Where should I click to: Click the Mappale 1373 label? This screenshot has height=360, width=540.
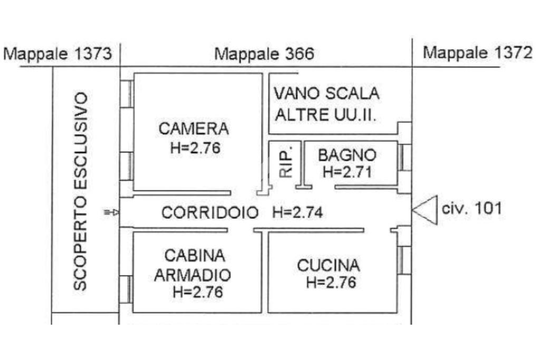(x=57, y=54)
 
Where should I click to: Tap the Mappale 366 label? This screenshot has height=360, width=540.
(x=264, y=54)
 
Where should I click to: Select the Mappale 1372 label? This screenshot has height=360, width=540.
(x=477, y=53)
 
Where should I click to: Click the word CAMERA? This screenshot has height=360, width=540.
(x=194, y=129)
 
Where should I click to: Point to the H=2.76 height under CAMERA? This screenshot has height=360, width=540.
(x=195, y=148)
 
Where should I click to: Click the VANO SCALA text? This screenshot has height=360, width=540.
(x=326, y=93)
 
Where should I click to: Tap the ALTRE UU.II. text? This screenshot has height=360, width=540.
(x=325, y=114)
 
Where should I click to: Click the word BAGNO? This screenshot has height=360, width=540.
(x=347, y=155)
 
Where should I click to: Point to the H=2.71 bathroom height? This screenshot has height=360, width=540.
(x=347, y=172)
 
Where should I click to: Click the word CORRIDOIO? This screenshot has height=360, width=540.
(x=210, y=212)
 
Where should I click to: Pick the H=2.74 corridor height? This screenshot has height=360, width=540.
(x=297, y=212)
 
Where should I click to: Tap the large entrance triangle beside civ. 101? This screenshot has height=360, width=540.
(x=425, y=210)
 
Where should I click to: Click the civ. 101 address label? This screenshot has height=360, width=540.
(x=471, y=209)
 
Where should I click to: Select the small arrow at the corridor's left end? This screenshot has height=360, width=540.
(x=112, y=212)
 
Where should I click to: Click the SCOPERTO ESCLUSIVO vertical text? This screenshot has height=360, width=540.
(x=80, y=191)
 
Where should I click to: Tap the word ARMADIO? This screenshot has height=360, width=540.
(x=192, y=275)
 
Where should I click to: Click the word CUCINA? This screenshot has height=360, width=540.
(x=328, y=266)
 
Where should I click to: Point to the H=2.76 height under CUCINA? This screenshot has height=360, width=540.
(x=331, y=283)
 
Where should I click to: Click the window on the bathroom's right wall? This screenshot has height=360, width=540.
(x=404, y=157)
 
